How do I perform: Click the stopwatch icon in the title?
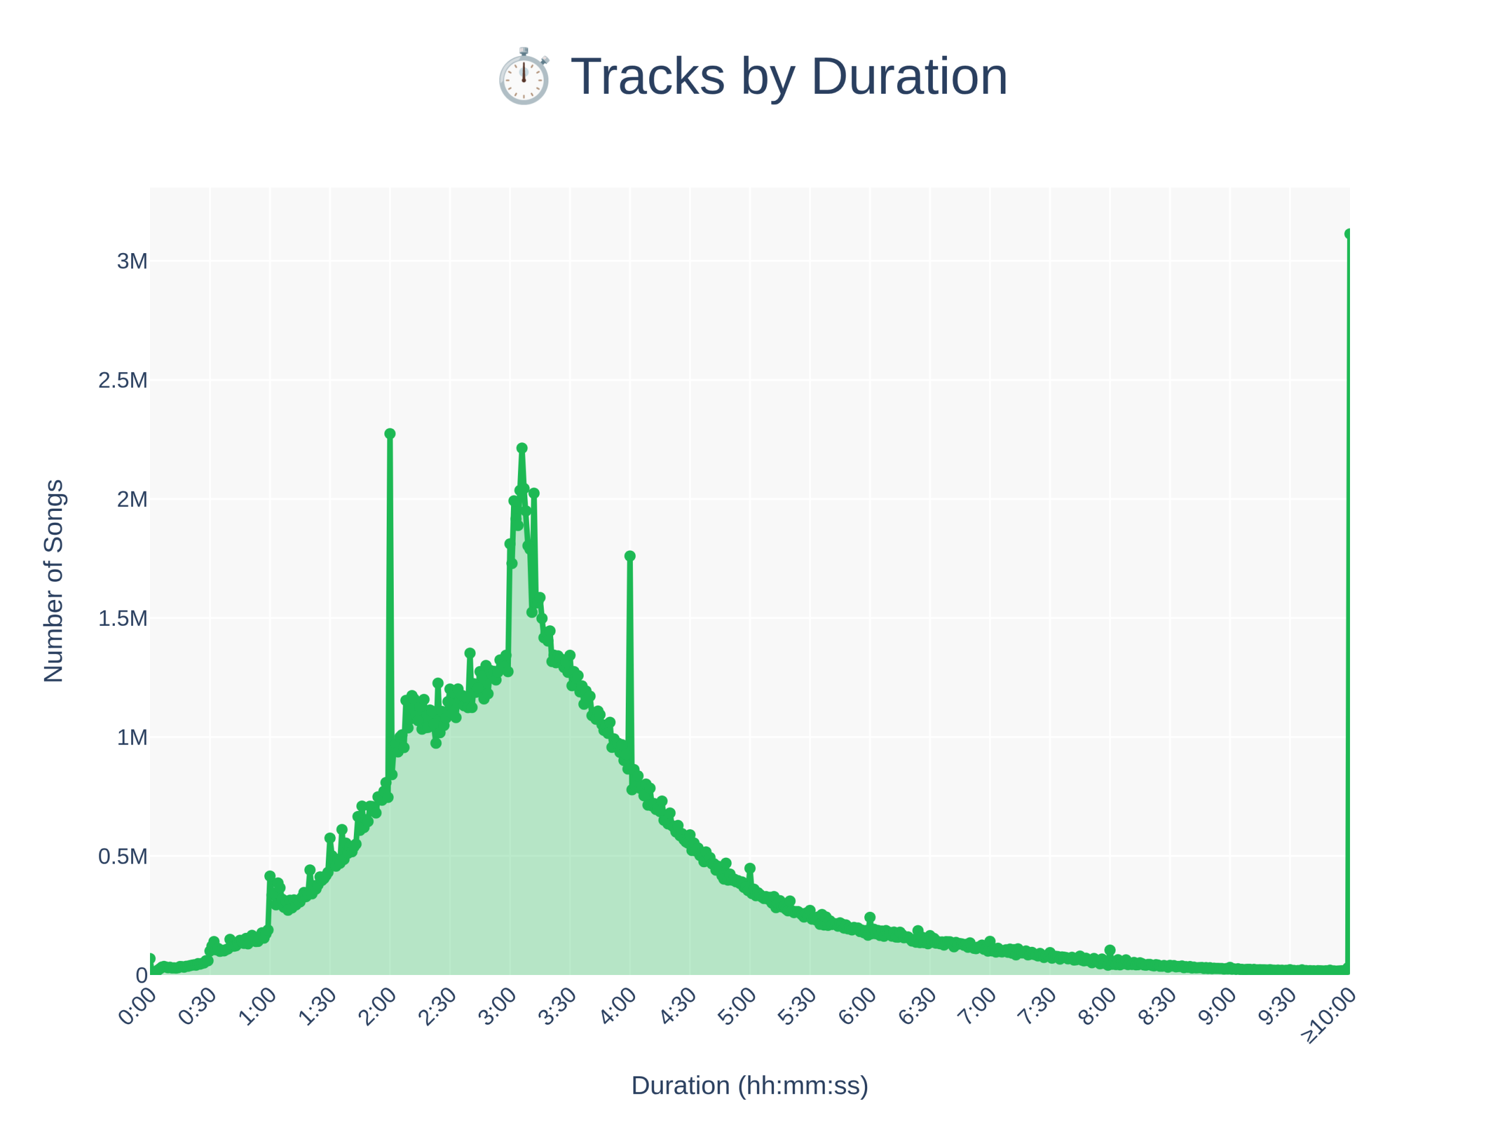[x=523, y=76]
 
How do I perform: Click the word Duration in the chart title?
[x=909, y=76]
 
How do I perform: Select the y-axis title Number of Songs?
[x=53, y=581]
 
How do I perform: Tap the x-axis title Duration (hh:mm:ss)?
[x=749, y=1085]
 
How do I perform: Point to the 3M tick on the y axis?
[x=132, y=261]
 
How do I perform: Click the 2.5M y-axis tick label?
[x=122, y=380]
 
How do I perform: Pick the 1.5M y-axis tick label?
[x=122, y=618]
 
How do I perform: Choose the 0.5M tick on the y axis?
[x=122, y=857]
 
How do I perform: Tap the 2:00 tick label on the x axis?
[x=377, y=1008]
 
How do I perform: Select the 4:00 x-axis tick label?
[x=617, y=1008]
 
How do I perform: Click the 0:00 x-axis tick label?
[x=137, y=1008]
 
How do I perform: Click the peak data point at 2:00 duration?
[x=390, y=434]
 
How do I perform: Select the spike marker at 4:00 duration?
[x=630, y=556]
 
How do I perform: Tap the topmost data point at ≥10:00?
[x=1349, y=233]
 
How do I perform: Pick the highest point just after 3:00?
[x=521, y=448]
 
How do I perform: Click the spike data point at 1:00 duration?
[x=270, y=876]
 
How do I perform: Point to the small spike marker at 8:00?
[x=1109, y=950]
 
